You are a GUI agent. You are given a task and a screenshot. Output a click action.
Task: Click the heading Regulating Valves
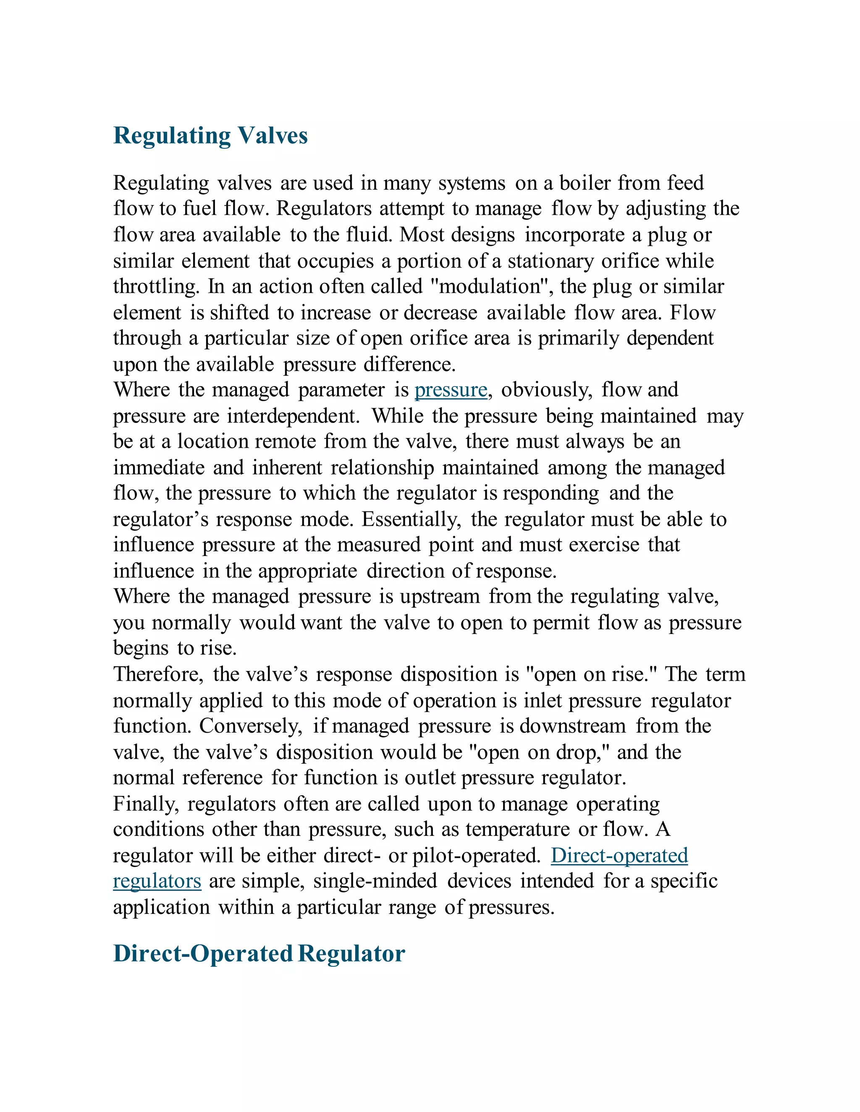(x=210, y=136)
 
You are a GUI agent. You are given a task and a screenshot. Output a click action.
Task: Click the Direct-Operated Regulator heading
(x=259, y=954)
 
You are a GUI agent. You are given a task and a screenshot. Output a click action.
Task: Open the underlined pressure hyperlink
(x=451, y=390)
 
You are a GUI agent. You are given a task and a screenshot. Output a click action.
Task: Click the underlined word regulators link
(x=157, y=881)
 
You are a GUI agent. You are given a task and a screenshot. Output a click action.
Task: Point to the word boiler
(x=585, y=183)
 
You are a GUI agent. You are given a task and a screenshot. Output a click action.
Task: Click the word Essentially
(x=411, y=520)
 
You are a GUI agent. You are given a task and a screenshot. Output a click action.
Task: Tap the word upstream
(x=440, y=597)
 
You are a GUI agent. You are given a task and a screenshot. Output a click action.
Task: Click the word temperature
(x=517, y=830)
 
